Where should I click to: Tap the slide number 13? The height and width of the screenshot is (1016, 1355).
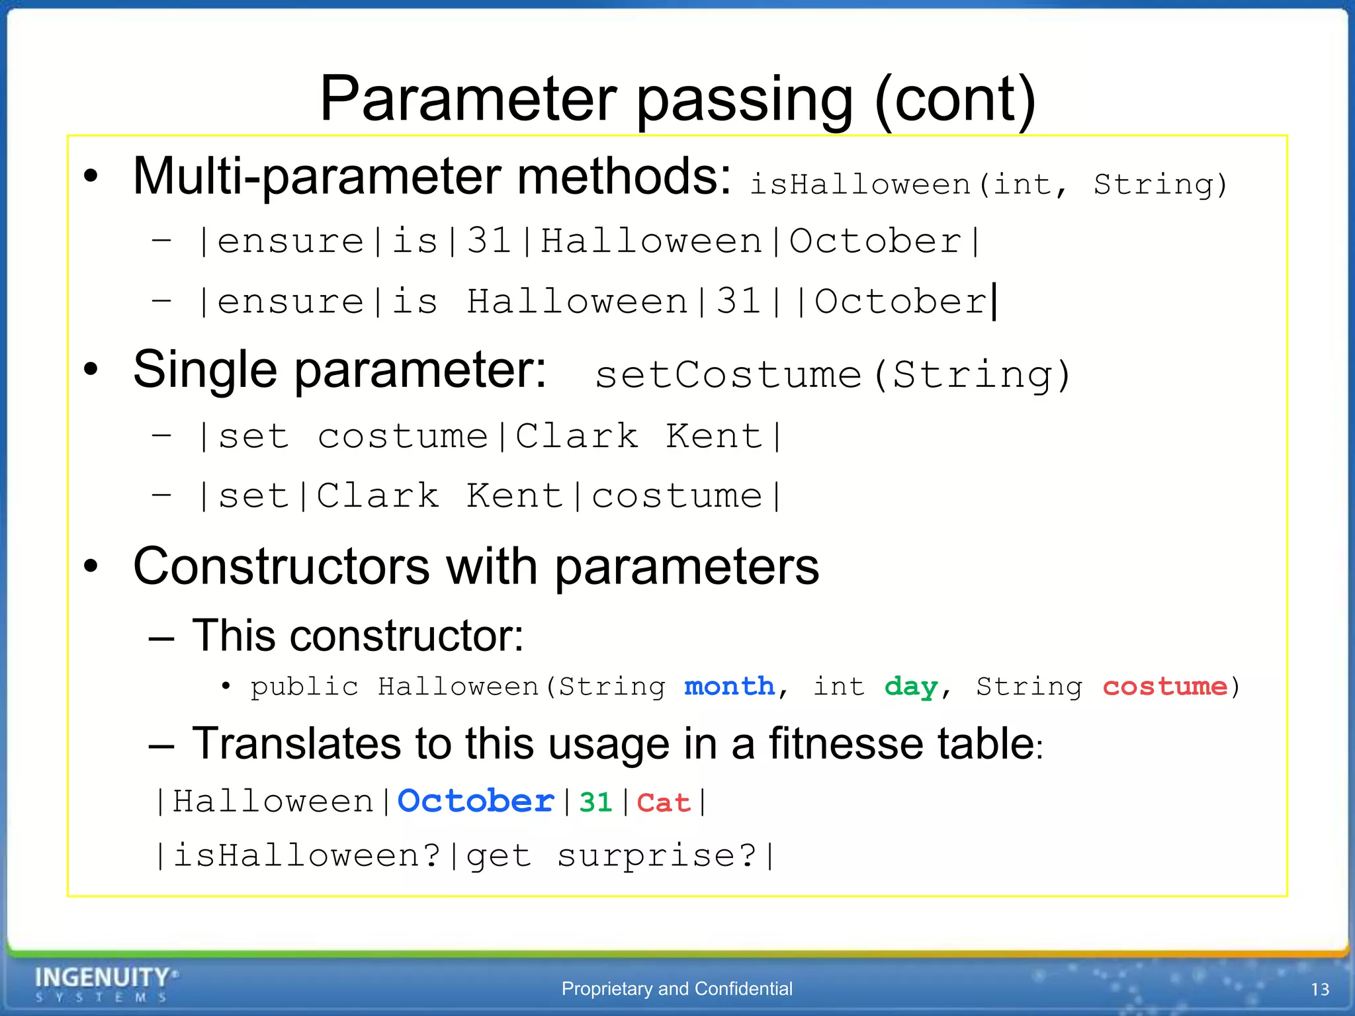coord(1319,990)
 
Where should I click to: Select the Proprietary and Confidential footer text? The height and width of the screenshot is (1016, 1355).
coord(677,989)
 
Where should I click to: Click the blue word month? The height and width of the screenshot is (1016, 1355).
coord(729,687)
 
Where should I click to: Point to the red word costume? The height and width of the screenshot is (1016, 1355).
coord(1164,687)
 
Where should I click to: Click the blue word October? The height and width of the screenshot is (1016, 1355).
coord(476,802)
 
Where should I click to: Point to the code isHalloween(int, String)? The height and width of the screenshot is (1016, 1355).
coord(988,185)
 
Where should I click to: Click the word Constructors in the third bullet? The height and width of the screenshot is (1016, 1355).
coord(282,567)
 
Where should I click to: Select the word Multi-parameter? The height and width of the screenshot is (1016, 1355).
coord(317,177)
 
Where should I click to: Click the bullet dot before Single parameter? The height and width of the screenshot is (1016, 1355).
coord(91,370)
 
